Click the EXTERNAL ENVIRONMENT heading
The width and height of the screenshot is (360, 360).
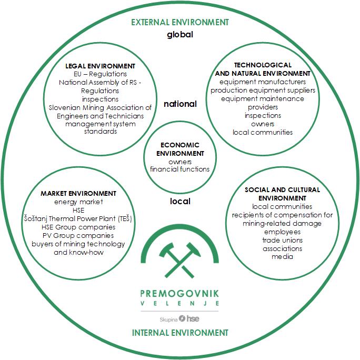tap(180, 23)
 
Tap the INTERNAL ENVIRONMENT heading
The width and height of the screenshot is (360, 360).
tap(180, 333)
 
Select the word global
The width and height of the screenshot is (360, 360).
tap(180, 35)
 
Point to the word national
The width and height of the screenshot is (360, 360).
tap(180, 104)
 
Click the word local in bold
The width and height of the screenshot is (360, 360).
tap(180, 201)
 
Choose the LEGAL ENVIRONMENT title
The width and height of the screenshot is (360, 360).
tap(100, 66)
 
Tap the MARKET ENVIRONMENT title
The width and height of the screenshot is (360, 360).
tap(78, 193)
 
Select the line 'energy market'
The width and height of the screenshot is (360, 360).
tap(78, 202)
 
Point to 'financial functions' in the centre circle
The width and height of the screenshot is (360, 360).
tap(180, 169)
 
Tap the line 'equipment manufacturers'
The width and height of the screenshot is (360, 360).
tap(263, 82)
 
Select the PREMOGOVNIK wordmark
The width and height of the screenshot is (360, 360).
tap(180, 293)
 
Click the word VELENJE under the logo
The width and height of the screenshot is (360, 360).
tap(180, 304)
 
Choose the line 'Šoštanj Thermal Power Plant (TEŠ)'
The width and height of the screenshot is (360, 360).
tap(78, 218)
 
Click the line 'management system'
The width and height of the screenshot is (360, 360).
tap(100, 124)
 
